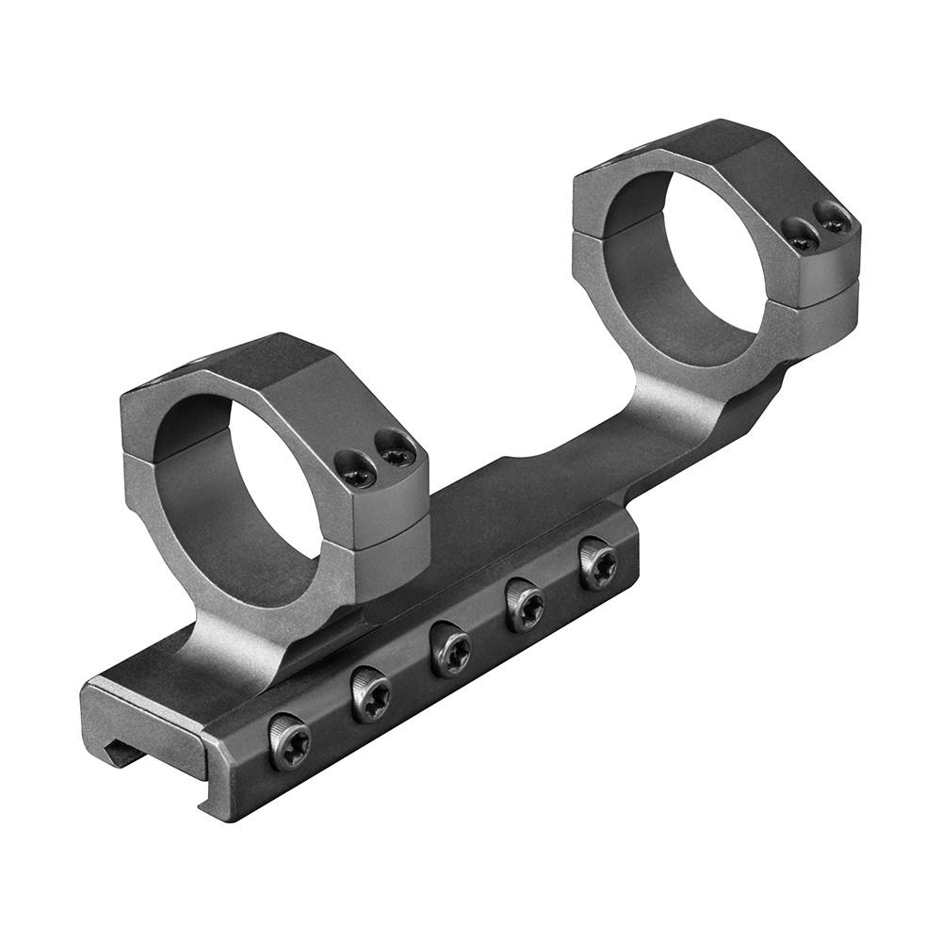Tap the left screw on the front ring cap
coord(358,474)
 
